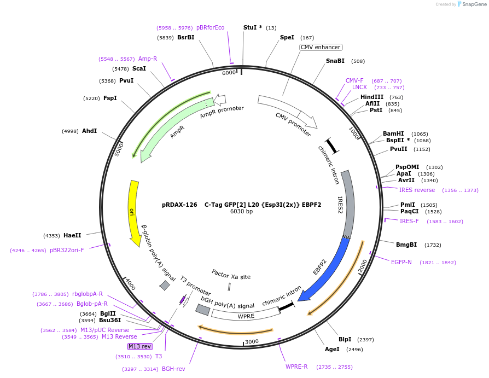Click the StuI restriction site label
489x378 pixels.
[250, 27]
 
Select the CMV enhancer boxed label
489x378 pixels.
[321, 48]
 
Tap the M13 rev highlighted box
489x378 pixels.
[139, 346]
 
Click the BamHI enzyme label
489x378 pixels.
[393, 133]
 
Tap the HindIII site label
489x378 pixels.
[372, 97]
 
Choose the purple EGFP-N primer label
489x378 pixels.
[401, 262]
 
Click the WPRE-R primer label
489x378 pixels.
[296, 367]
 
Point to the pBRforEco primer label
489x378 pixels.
[210, 27]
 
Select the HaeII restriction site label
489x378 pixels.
[72, 235]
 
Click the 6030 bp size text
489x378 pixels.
[241, 212]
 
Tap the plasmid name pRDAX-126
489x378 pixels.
[179, 205]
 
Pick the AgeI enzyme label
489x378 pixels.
[332, 349]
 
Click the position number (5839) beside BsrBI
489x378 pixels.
[165, 38]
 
